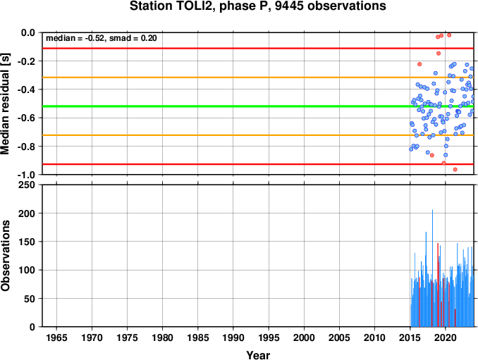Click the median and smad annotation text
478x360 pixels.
tap(102, 38)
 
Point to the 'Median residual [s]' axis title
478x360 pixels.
tap(5, 104)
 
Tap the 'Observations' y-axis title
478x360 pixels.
tap(5, 256)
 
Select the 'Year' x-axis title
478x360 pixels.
tap(258, 355)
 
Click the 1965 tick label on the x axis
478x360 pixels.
tap(56, 337)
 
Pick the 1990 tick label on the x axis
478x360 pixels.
tap(233, 337)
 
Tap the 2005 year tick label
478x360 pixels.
tap(339, 337)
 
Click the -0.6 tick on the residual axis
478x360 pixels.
tap(26, 118)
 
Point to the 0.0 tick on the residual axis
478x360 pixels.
tap(28, 32)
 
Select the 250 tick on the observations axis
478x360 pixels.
tap(27, 185)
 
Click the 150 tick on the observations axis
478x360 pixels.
tap(27, 242)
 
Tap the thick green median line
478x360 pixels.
tap(258, 106)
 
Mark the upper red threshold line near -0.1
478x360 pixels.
tap(258, 48)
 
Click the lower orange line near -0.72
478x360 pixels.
tap(258, 135)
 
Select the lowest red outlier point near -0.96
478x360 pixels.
tap(455, 169)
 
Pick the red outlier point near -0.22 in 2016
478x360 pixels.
tap(419, 64)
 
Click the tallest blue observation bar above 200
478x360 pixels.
tap(432, 268)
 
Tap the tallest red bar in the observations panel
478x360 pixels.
tap(438, 285)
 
